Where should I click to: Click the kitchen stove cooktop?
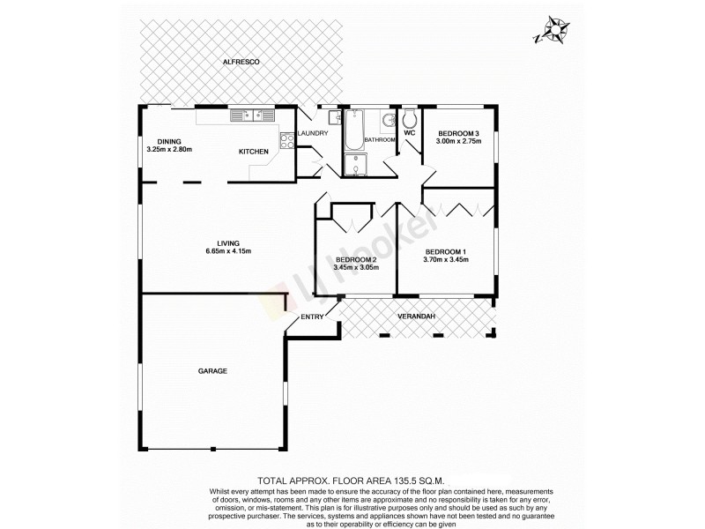(x=287, y=138)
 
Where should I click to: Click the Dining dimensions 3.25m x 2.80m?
(x=169, y=150)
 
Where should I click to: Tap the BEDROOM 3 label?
(x=458, y=132)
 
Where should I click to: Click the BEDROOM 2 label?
(x=355, y=259)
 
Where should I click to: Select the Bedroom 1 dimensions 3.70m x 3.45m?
(x=445, y=260)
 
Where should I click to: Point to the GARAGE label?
(x=212, y=371)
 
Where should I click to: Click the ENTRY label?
(x=312, y=317)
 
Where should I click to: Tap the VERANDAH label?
(x=417, y=317)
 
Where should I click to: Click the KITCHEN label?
(x=254, y=152)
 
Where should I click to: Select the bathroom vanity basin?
(x=388, y=121)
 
